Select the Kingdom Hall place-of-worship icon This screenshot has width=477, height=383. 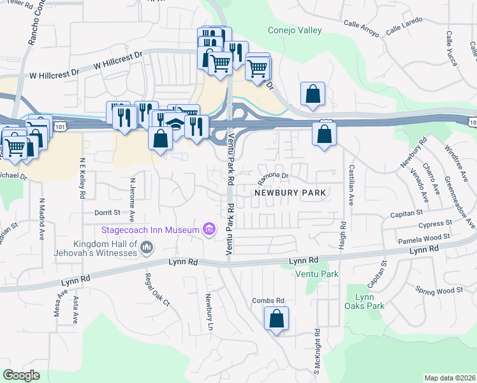point(147,247)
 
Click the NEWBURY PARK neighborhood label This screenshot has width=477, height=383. point(290,192)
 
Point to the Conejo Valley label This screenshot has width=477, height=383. point(295,30)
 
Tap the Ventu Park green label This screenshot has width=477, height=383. point(316,274)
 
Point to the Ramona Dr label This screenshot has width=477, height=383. point(274,175)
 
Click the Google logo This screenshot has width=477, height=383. point(22,375)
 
